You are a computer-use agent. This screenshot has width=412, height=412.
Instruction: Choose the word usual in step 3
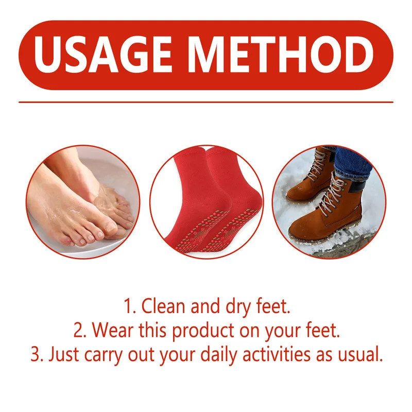(362, 354)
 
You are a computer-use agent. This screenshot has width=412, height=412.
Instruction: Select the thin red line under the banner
(206, 101)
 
